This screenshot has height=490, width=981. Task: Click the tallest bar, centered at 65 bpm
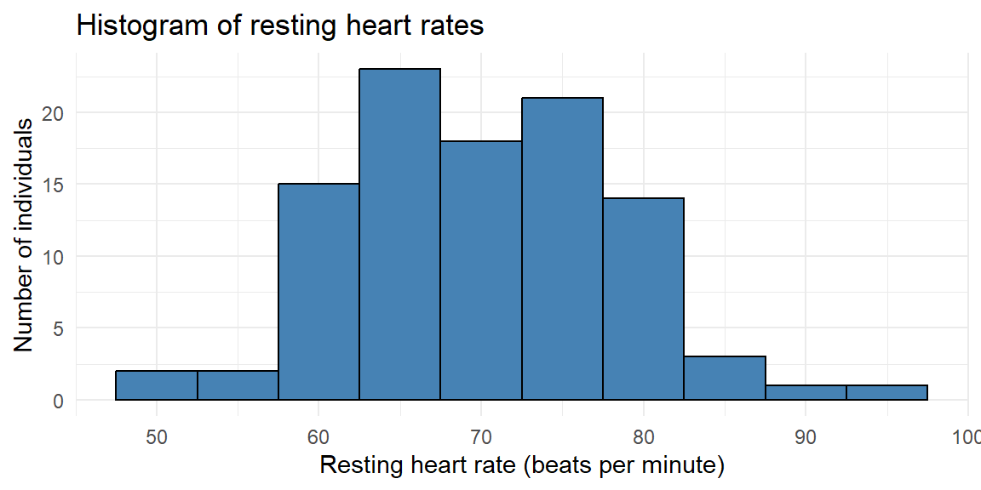tap(399, 235)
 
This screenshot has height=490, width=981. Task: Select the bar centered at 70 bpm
tap(481, 271)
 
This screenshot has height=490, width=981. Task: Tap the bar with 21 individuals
tap(562, 248)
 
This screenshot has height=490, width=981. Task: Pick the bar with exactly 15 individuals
tap(318, 292)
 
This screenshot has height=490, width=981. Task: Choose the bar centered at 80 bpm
tap(643, 299)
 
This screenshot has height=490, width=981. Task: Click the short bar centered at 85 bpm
tap(725, 378)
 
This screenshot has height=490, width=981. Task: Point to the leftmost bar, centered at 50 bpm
tap(157, 385)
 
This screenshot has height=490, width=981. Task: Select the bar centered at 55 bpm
tap(238, 385)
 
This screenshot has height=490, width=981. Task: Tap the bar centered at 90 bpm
tap(806, 392)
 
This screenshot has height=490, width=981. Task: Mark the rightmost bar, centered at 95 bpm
tap(886, 392)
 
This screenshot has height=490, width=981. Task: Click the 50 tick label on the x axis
tap(157, 437)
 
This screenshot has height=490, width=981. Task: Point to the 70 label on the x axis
tap(481, 437)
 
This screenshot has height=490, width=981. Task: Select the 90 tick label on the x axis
tap(806, 437)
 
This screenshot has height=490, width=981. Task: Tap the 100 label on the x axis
tap(967, 437)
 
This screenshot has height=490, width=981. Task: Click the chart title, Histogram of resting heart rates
tap(279, 26)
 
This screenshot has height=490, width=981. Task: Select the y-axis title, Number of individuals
tap(23, 234)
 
